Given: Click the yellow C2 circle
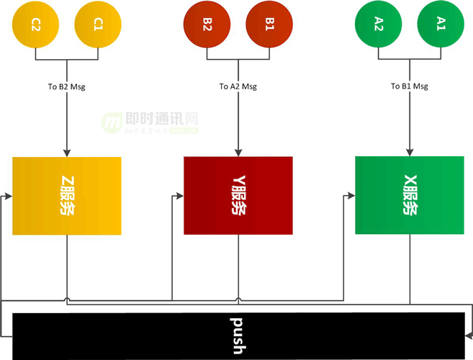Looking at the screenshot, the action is tap(36, 24).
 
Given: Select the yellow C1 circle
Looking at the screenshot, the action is tap(98, 24).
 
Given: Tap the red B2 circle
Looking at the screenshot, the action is tap(207, 24).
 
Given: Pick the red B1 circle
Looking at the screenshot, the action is tap(269, 24).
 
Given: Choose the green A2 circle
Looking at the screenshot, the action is tap(379, 24).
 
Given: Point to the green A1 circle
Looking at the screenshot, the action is tap(441, 24).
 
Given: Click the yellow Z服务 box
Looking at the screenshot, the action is tap(67, 195).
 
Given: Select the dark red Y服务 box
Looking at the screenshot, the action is tap(238, 195).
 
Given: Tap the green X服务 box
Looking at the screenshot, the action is tap(410, 195).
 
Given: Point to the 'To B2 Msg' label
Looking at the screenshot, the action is tap(67, 87).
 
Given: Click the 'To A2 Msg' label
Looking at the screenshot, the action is tap(238, 87).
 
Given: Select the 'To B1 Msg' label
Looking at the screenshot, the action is tap(410, 86).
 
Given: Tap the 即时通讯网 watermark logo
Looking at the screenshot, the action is tap(150, 123).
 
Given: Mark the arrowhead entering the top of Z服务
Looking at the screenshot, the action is tap(67, 153).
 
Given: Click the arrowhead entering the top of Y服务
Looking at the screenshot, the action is tap(238, 153).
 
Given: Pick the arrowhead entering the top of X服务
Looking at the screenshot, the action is tap(410, 153).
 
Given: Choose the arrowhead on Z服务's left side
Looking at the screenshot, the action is tap(9, 195).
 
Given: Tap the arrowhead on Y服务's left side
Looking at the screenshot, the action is tap(180, 195).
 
